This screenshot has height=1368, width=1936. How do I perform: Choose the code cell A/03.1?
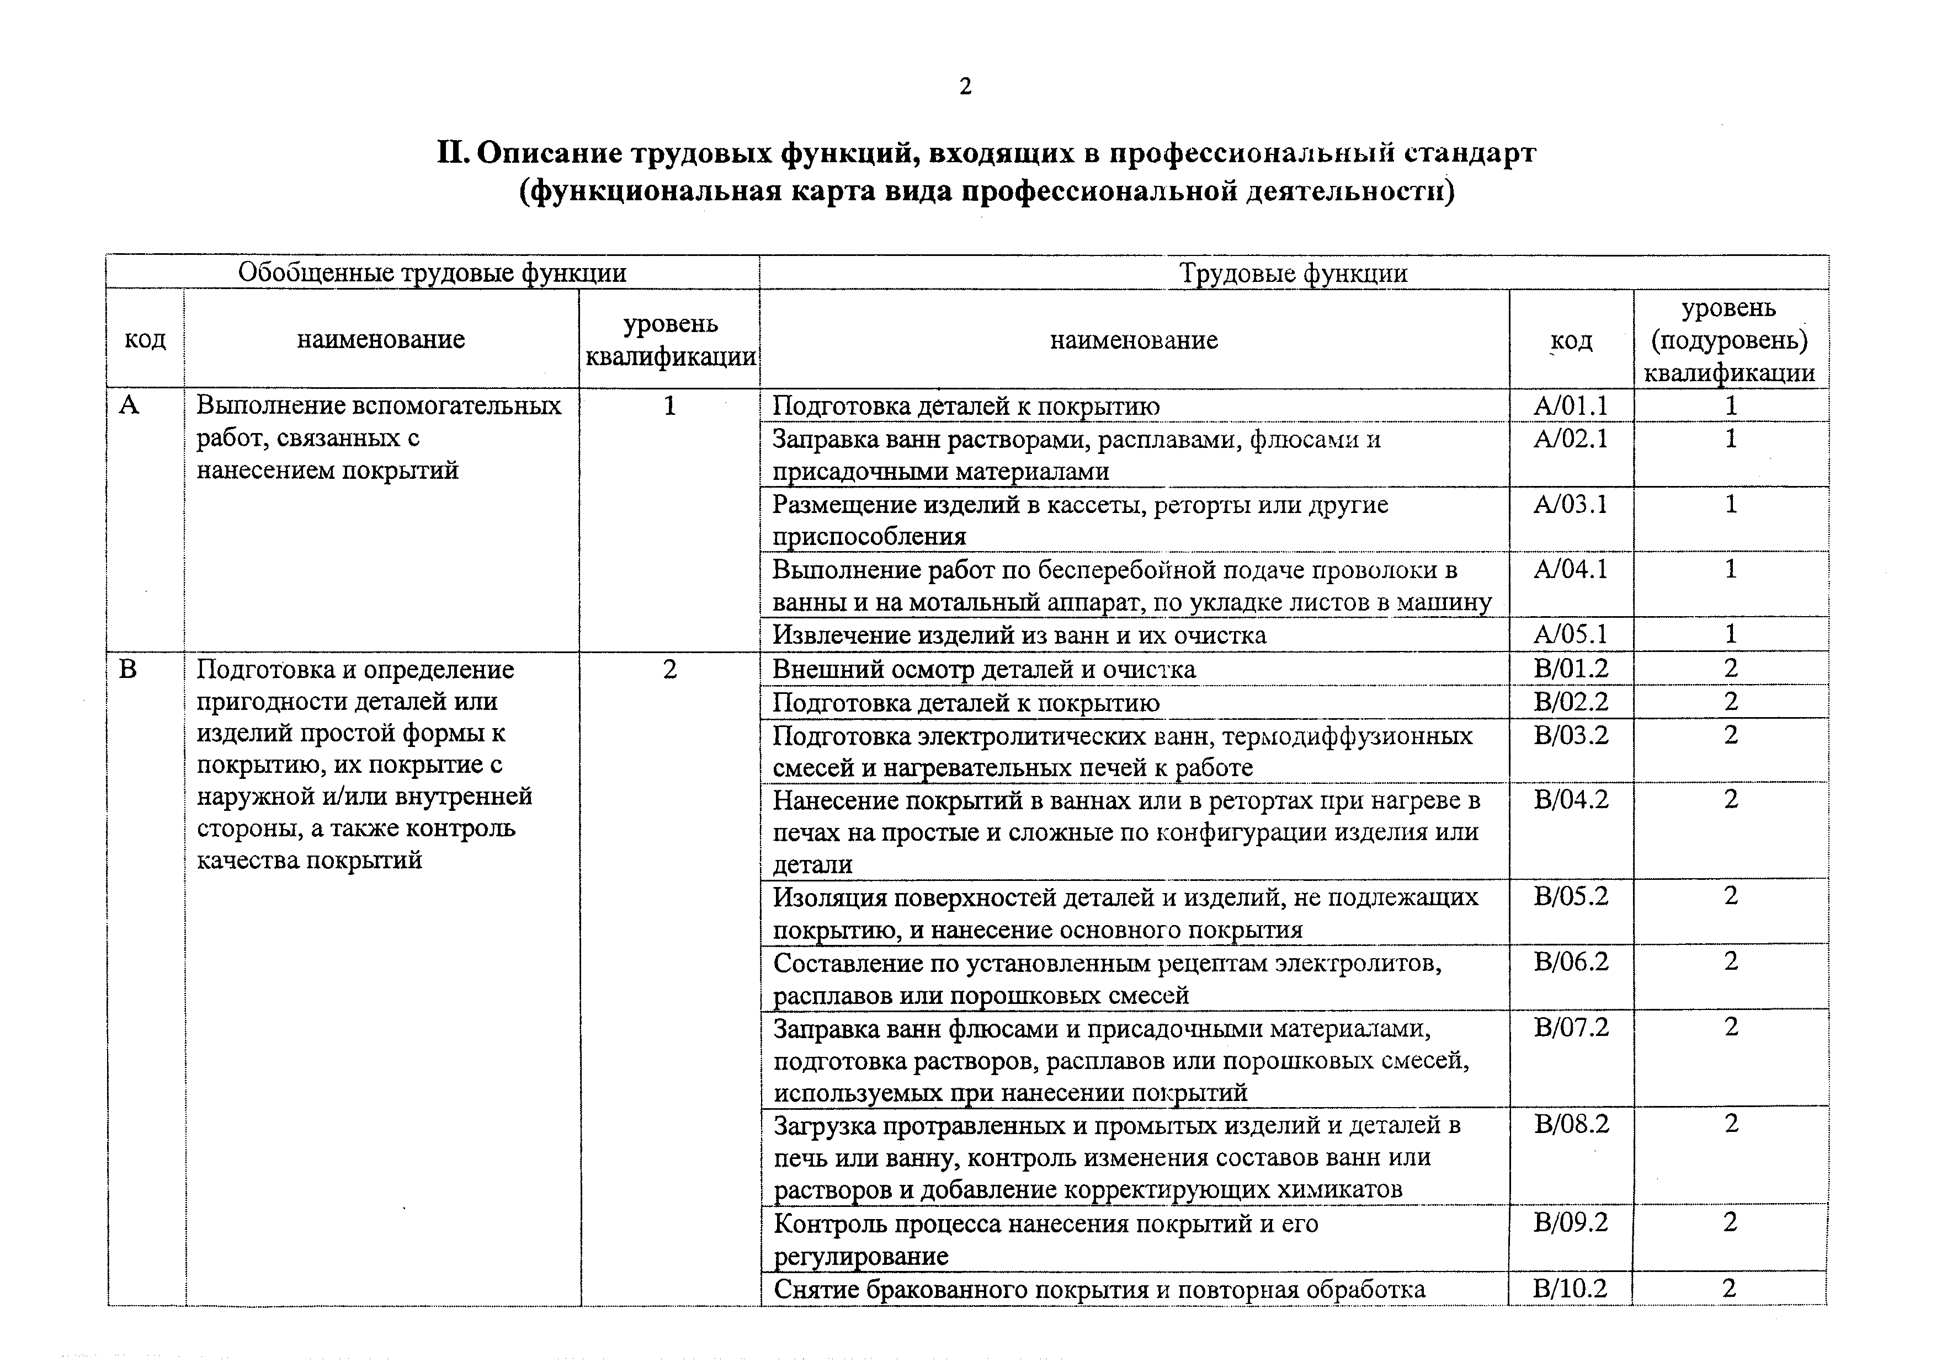tap(1571, 504)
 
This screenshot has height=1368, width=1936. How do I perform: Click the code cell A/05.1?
tap(1571, 634)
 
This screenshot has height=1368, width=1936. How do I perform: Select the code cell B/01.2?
tap(1571, 669)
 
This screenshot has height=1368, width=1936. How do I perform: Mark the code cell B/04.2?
tap(1571, 798)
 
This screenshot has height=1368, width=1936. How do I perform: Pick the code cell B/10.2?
tap(1571, 1288)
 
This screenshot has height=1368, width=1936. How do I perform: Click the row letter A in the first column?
tap(129, 405)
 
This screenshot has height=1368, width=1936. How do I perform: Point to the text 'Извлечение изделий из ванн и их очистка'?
tap(1019, 634)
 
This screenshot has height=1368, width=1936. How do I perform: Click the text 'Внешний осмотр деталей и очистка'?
tap(984, 669)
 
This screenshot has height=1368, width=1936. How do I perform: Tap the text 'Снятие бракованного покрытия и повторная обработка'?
tap(1099, 1289)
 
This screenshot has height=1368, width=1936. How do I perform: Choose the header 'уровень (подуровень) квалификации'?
tap(1730, 340)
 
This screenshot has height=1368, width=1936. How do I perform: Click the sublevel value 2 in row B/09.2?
tap(1730, 1222)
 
